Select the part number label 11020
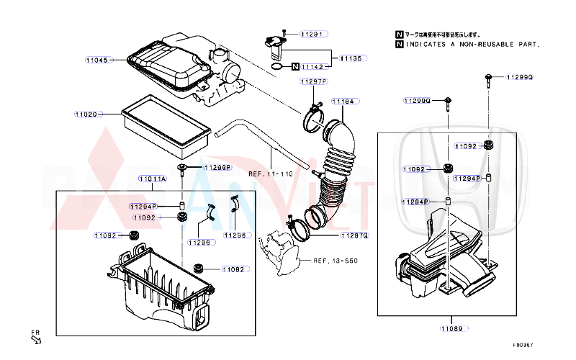(x=86, y=114)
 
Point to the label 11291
(x=313, y=34)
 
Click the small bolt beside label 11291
(x=285, y=33)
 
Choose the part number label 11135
(x=352, y=58)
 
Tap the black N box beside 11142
(x=295, y=66)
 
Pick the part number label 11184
(x=343, y=102)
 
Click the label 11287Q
(x=354, y=235)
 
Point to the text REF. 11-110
(x=271, y=174)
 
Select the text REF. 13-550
(x=334, y=260)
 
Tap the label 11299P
(x=216, y=167)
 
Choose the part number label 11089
(x=451, y=328)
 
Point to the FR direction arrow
(x=35, y=338)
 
